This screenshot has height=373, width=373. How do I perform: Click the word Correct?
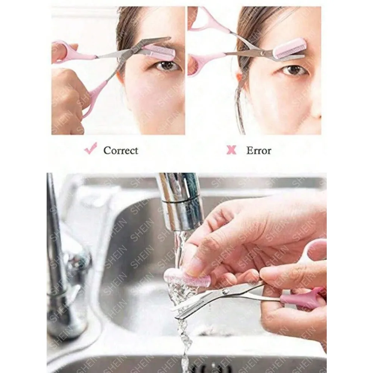[x=120, y=151]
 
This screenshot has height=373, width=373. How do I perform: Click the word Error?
[x=258, y=151]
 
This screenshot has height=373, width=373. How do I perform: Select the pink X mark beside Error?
[x=231, y=150]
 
